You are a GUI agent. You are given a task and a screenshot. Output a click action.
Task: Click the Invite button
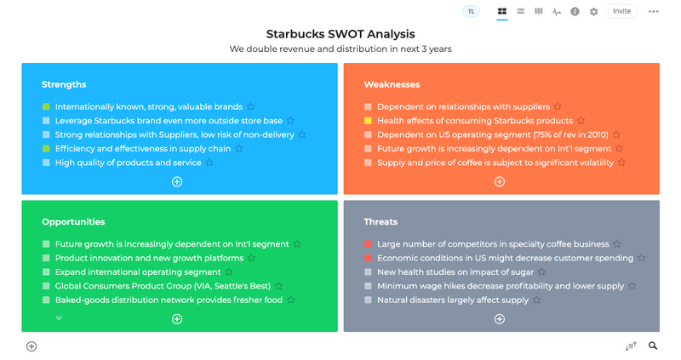click(621, 11)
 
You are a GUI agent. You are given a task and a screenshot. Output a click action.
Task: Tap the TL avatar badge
click(471, 11)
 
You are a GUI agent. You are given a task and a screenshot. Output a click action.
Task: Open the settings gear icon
click(593, 12)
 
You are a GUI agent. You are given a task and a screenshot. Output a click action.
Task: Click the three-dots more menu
click(653, 12)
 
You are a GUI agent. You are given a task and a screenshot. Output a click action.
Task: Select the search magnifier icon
click(653, 346)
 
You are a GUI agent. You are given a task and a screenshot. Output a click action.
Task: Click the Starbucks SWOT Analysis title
click(340, 34)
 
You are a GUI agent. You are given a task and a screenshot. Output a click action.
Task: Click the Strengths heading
click(64, 84)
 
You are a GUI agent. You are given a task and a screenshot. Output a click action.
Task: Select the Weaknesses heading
click(392, 84)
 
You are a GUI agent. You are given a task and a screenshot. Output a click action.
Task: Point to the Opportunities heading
click(73, 222)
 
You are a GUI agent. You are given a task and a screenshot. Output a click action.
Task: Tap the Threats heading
click(381, 222)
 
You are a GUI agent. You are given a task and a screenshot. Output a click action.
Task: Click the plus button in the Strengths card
click(177, 181)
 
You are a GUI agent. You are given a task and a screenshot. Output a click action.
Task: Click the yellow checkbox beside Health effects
click(368, 121)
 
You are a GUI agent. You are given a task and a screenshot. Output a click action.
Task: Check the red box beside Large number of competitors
click(368, 244)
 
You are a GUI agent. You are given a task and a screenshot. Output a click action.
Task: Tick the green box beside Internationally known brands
click(46, 106)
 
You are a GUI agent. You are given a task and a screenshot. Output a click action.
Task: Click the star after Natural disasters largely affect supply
click(537, 300)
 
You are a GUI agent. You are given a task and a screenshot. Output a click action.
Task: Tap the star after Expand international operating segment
click(228, 272)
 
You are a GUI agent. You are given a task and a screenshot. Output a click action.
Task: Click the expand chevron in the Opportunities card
click(59, 318)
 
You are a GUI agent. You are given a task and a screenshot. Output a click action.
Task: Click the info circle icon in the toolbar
click(575, 12)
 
